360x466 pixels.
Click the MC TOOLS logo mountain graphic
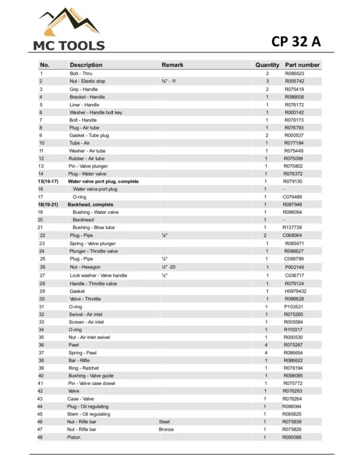pos(68,23)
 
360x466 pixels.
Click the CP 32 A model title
pos(296,41)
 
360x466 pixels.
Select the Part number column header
pos(302,65)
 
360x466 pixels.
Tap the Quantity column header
pos(267,65)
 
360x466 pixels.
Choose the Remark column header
pos(173,65)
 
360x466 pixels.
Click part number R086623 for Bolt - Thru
pos(295,73)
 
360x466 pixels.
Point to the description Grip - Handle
pos(84,89)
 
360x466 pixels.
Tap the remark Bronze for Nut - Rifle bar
pos(166,429)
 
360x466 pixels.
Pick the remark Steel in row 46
pos(164,421)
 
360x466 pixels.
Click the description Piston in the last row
pos(74,437)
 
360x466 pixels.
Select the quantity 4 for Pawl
pos(265,345)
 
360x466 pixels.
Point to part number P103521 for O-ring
pos(294,307)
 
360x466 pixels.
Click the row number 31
pos(41,307)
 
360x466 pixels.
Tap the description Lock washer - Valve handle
pos(98,276)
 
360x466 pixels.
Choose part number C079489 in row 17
pos(294,196)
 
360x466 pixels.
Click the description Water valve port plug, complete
pos(103,181)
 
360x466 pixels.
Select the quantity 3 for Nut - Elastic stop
pos(267,81)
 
